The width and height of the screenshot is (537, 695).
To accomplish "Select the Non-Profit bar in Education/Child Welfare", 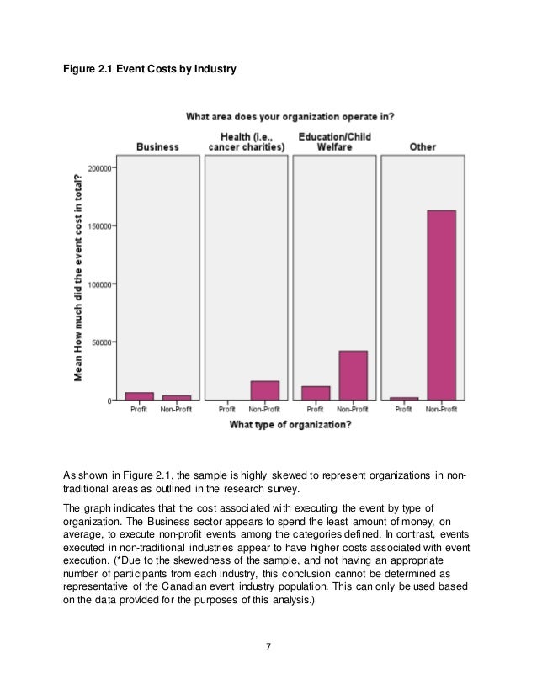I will [353, 375].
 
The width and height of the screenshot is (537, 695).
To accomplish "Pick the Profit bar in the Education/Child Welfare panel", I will [316, 393].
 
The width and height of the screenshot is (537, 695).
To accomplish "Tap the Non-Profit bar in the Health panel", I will [264, 390].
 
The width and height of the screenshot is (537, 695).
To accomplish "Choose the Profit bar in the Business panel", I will [140, 396].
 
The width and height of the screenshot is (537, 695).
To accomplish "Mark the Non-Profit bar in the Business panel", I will [176, 398].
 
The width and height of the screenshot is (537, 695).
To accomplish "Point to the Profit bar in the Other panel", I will [404, 399].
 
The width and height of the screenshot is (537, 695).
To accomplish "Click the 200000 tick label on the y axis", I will [98, 167].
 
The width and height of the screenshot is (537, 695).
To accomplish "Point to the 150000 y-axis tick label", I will [98, 225].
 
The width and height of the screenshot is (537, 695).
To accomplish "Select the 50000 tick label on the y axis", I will [101, 342].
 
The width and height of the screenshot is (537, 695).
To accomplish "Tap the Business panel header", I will [157, 146].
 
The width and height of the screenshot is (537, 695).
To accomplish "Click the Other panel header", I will [423, 146].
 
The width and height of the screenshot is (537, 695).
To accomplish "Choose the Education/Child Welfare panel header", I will [334, 141].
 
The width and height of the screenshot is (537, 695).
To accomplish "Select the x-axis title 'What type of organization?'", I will [290, 424].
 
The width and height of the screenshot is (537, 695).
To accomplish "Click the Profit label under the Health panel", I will [227, 410].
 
